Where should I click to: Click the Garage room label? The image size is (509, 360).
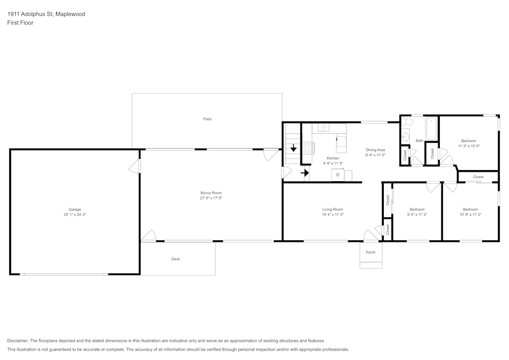(x=75, y=209)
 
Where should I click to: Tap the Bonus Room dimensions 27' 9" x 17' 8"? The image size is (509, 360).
(x=211, y=198)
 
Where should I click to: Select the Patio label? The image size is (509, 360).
(x=208, y=119)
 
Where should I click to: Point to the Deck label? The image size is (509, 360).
(x=176, y=259)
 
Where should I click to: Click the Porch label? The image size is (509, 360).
(x=371, y=252)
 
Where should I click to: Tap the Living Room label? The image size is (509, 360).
(x=332, y=209)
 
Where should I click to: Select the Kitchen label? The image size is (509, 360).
(x=333, y=158)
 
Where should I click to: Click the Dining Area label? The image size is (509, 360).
(x=375, y=150)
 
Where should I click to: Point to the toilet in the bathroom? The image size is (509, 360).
(x=407, y=122)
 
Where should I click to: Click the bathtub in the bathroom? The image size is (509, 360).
(x=432, y=128)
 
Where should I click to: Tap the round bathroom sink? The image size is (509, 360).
(x=405, y=137)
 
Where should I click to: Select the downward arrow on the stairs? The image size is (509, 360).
(x=294, y=148)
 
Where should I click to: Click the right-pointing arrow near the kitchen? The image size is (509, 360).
(x=305, y=173)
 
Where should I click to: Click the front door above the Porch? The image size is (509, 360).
(x=371, y=236)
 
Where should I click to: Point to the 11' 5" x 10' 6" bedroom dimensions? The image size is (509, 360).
(x=469, y=146)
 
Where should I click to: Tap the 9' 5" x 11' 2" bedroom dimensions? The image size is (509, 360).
(x=417, y=214)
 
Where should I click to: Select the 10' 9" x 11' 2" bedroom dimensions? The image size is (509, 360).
(x=470, y=214)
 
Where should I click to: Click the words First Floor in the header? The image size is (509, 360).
(x=20, y=23)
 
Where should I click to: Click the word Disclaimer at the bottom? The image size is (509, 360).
(x=17, y=341)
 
